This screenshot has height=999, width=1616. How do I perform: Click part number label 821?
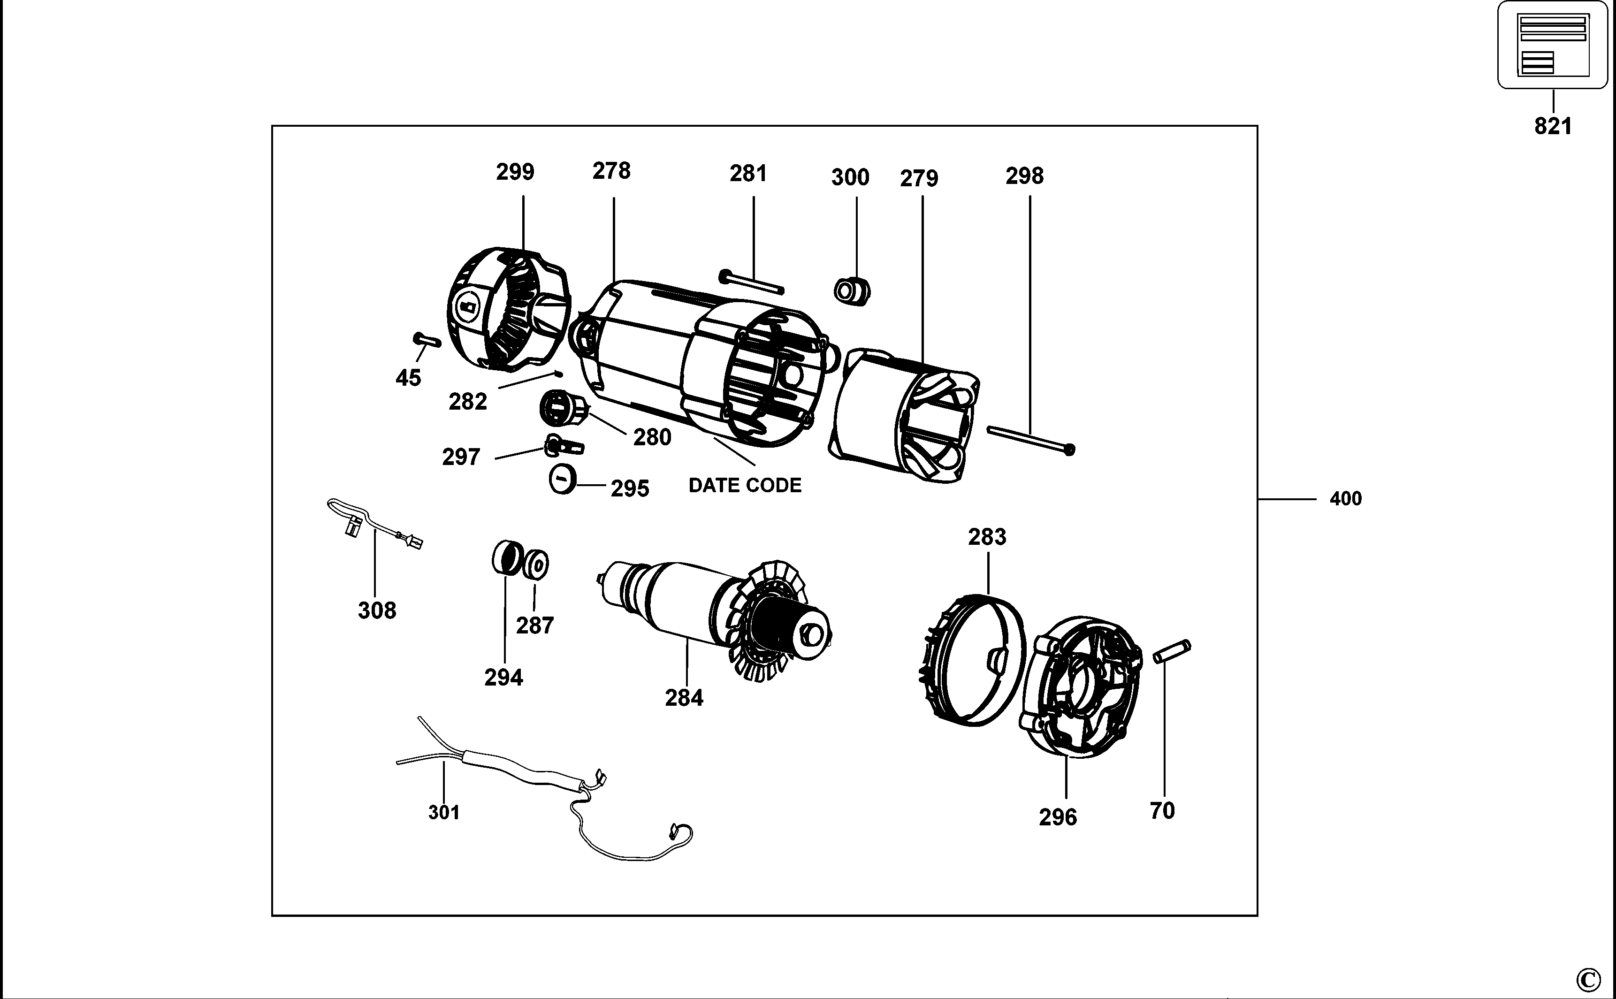pos(1553,126)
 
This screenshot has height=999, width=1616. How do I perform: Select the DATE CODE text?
pos(745,486)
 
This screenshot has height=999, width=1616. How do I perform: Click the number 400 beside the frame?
pos(1345,499)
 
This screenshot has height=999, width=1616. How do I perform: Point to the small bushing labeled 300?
pos(852,291)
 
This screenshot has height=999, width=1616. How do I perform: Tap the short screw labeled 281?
pos(752,282)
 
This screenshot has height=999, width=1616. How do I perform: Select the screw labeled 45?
pos(426,340)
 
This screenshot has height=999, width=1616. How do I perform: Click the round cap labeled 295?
pos(562,478)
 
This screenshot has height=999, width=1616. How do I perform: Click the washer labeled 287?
pos(536,564)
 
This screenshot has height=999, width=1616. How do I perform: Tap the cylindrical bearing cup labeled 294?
pos(506,557)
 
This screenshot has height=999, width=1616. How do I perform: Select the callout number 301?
pos(443,812)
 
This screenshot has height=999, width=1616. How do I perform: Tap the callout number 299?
pos(515,172)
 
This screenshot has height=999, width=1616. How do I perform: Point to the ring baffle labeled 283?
pos(971,661)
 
